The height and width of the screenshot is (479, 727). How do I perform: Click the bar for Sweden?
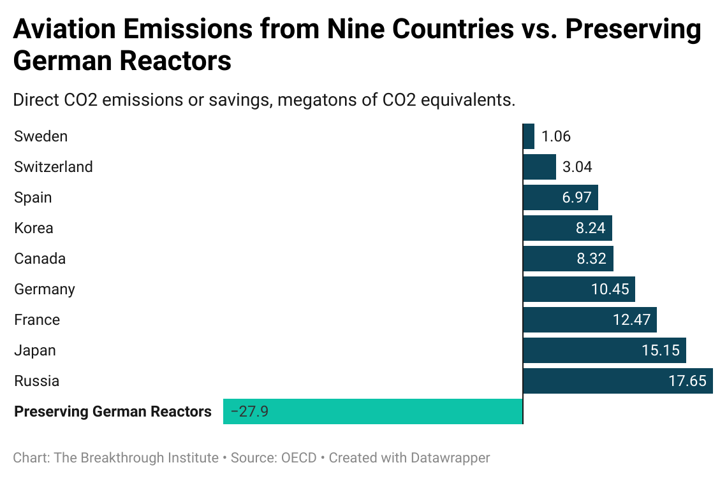tap(529, 136)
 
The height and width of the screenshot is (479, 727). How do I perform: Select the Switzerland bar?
tap(540, 167)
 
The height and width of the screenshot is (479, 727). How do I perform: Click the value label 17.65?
tap(687, 381)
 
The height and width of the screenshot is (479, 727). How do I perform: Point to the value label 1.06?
tap(556, 136)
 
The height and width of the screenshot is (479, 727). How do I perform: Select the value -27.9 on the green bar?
tap(249, 411)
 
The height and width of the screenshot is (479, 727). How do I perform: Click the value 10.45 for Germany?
tap(610, 289)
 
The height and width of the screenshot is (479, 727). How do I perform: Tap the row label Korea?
tap(34, 228)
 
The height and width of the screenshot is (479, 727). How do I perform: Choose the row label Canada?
tap(40, 259)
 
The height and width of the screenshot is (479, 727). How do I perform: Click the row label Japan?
tap(35, 350)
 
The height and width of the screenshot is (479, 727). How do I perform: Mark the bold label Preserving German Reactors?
tap(113, 411)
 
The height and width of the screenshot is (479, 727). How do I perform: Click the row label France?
tap(37, 320)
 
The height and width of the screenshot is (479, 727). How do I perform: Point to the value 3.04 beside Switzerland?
tap(577, 167)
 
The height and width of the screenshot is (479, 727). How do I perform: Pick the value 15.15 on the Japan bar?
tap(661, 350)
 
